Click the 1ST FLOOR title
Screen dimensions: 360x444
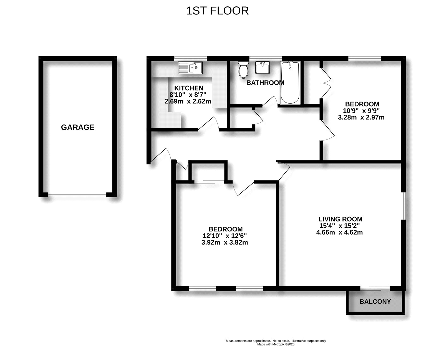[x=217, y=11]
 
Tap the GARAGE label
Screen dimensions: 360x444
[x=78, y=127]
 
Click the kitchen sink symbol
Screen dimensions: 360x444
[x=190, y=68]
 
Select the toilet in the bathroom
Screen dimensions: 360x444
[x=243, y=69]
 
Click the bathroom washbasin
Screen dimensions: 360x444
[x=262, y=67]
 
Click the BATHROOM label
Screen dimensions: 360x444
[x=265, y=83]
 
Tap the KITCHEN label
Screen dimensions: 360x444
[x=188, y=88]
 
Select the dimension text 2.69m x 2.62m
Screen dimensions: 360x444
[x=188, y=102]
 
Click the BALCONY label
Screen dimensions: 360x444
[x=375, y=301]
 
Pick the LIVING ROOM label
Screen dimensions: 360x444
[x=340, y=219]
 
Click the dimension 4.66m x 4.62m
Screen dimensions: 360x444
[x=339, y=232]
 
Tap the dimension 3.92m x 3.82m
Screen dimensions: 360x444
[x=225, y=242]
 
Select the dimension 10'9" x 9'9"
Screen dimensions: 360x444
[x=361, y=110]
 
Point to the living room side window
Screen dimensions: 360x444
[x=403, y=206]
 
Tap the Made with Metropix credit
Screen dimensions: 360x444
[x=276, y=344]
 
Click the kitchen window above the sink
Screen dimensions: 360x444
[x=190, y=58]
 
